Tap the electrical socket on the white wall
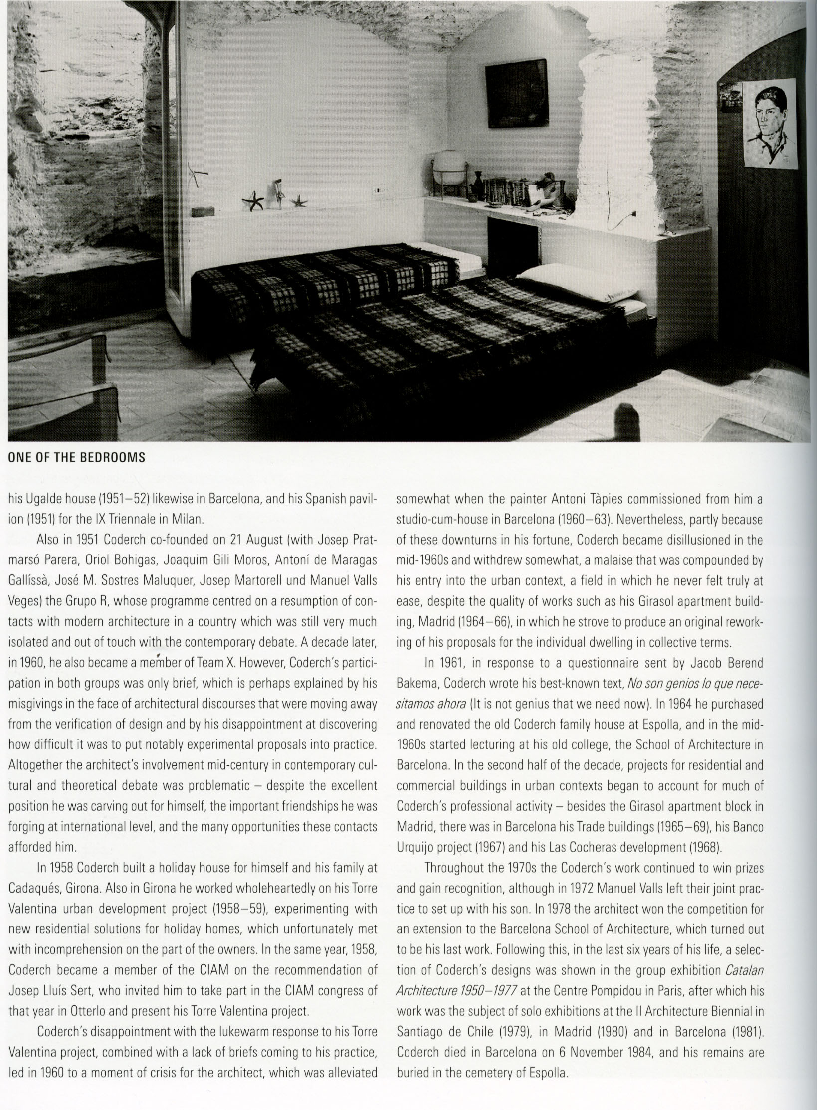[x=380, y=189]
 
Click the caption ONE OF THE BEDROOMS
[x=77, y=458]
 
